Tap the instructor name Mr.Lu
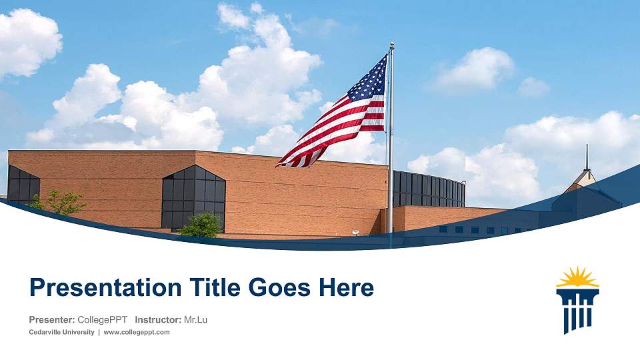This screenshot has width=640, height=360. [x=195, y=320]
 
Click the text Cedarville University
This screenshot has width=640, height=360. [x=61, y=332]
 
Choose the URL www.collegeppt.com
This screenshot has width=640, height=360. [x=137, y=332]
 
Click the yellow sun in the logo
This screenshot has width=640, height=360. [x=577, y=277]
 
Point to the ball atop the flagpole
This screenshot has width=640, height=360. [x=391, y=45]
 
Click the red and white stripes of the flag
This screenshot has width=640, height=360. [x=333, y=130]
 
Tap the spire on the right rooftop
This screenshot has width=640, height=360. [x=587, y=160]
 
